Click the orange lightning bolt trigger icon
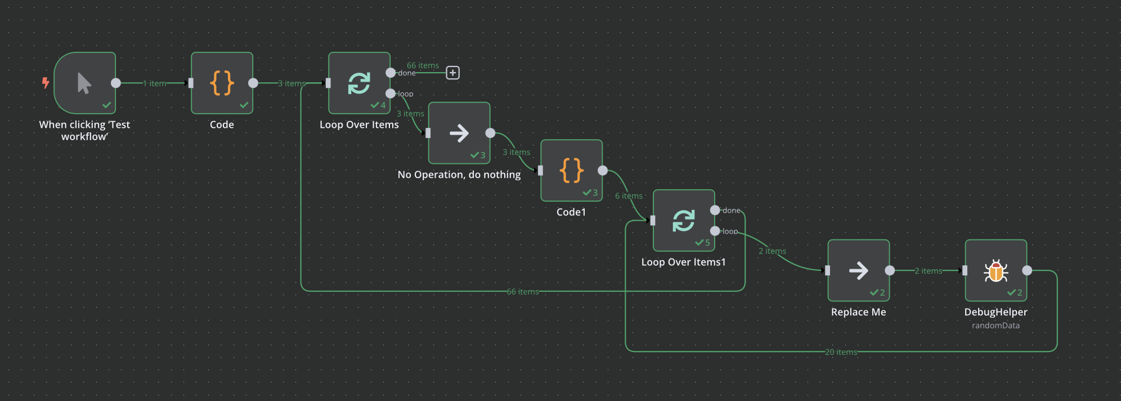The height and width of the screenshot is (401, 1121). tap(46, 83)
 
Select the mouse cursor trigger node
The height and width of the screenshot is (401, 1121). tap(85, 83)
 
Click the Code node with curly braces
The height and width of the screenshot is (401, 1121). tap(222, 83)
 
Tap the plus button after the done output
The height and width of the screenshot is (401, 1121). tap(452, 73)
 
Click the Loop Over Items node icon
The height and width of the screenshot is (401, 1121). tap(359, 83)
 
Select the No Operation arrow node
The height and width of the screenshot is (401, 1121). tap(459, 133)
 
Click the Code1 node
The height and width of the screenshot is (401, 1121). tap(571, 170)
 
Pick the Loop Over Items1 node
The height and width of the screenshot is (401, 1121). tap(684, 220)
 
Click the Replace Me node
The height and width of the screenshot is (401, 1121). tap(858, 270)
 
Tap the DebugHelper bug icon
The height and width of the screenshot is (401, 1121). tap(996, 271)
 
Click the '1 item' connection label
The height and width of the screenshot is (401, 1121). tap(154, 83)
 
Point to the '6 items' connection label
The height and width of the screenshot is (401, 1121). tap(629, 196)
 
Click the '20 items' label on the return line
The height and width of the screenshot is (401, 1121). tap(841, 352)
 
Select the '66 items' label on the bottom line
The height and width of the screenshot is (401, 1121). tap(522, 292)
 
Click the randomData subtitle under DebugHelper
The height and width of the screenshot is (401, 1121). tap(996, 326)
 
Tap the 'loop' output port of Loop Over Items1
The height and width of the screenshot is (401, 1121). tap(715, 231)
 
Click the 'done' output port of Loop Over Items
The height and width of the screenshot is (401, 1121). tap(391, 73)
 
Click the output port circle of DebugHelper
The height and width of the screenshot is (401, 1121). tap(1027, 270)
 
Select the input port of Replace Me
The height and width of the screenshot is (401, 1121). tap(827, 270)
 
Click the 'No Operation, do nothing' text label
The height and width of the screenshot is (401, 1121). tap(459, 175)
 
